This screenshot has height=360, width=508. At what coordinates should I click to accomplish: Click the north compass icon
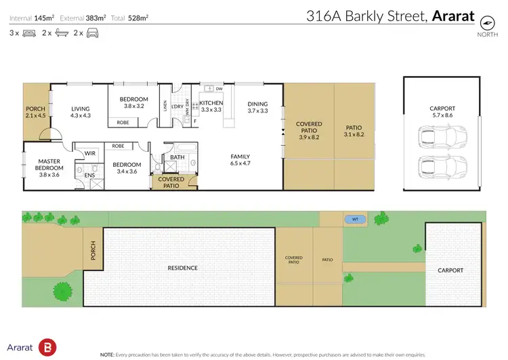[x=486, y=22]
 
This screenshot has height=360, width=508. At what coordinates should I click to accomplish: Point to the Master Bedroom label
[x=49, y=165]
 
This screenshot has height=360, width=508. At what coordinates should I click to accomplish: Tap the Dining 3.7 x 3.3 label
[x=257, y=107]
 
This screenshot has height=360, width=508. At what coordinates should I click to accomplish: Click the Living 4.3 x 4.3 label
[x=81, y=111]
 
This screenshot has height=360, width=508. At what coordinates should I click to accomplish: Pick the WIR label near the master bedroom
[x=89, y=154]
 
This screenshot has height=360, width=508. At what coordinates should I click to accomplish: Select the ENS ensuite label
[x=89, y=175]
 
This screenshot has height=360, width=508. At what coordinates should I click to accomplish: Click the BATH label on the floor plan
[x=177, y=157]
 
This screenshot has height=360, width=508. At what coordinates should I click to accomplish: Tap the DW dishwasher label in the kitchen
[x=219, y=89]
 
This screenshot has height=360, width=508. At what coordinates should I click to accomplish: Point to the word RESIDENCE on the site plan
[x=183, y=268]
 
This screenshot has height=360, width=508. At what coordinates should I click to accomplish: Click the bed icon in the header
[x=28, y=33]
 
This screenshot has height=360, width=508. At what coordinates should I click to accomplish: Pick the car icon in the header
[x=92, y=33]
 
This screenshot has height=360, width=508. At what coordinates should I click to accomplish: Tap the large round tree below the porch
[x=62, y=292]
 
